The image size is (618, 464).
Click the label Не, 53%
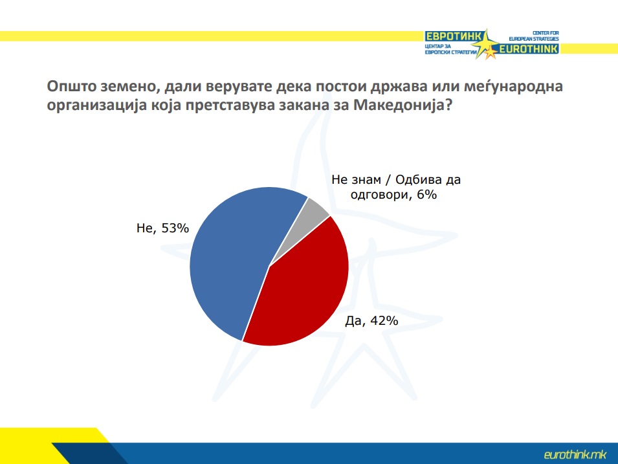click(163, 228)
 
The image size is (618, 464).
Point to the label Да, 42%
click(371, 321)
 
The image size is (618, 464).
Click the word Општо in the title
click(71, 86)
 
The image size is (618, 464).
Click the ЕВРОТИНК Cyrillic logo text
click(453, 37)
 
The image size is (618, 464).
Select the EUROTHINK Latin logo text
click(529, 49)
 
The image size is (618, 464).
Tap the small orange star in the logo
click(491, 52)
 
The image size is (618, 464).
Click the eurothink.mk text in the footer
click(575, 454)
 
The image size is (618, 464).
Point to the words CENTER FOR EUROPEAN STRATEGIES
click(534, 36)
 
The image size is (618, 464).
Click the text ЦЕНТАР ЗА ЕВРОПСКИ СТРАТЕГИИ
click(451, 49)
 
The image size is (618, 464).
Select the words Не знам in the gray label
click(357, 180)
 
